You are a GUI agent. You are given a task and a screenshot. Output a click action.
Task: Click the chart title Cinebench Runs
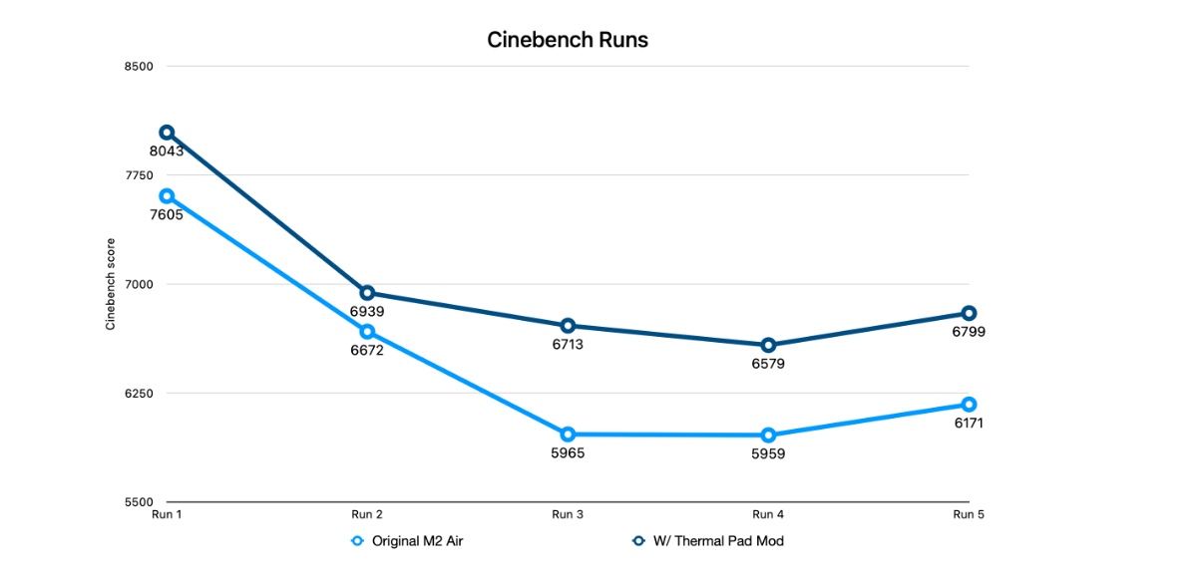(x=568, y=41)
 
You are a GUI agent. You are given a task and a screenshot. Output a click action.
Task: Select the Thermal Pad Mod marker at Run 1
(x=167, y=133)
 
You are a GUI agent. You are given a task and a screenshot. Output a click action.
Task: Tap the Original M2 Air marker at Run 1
(x=167, y=196)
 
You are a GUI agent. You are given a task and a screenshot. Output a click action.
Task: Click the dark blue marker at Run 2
(x=367, y=293)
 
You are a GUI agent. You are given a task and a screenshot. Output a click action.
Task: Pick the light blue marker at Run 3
(x=568, y=435)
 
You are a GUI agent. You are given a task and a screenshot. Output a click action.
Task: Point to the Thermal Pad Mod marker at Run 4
(x=768, y=345)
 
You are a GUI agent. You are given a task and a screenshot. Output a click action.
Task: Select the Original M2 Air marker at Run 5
(x=969, y=404)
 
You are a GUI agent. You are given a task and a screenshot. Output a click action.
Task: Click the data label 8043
(x=167, y=151)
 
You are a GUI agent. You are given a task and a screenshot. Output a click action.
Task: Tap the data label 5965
(x=568, y=453)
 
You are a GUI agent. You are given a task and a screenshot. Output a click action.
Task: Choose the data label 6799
(x=969, y=332)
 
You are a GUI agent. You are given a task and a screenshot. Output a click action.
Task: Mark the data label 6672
(x=367, y=350)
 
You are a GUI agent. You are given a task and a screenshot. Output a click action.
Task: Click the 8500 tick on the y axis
(x=140, y=67)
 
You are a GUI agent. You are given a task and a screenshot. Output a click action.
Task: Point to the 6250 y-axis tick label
(x=140, y=394)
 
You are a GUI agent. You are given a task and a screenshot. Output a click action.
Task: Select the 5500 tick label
(x=140, y=502)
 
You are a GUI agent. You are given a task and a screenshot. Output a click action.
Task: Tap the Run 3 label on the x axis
(x=568, y=515)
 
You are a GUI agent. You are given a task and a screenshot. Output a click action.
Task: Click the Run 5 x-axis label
(x=969, y=515)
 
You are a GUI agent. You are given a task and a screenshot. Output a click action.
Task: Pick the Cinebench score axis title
(x=111, y=284)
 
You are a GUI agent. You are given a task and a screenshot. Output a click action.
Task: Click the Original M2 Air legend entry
(x=409, y=541)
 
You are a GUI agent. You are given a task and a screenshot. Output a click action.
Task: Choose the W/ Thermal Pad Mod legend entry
(x=713, y=541)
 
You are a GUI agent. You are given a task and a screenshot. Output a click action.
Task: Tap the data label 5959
(x=768, y=453)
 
